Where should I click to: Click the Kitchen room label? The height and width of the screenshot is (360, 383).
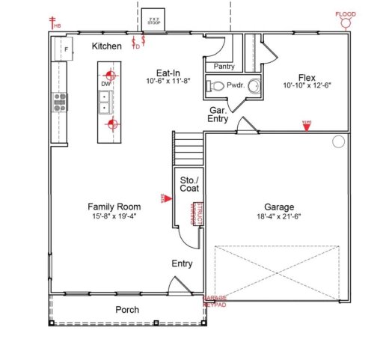107,46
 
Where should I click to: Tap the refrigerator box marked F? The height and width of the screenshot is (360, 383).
64,49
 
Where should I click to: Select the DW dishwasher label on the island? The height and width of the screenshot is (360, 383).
106,85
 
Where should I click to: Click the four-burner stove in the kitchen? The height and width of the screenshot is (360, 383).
58,101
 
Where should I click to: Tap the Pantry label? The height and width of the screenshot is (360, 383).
224,67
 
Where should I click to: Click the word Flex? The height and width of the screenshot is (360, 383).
306,76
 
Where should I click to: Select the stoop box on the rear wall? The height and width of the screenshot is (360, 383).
155,21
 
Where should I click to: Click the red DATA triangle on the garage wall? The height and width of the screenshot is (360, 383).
306,126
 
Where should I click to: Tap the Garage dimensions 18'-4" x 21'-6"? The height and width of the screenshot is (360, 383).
279,217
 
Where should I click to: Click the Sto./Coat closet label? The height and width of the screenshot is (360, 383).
189,184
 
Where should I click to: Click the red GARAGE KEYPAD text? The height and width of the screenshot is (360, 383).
215,302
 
